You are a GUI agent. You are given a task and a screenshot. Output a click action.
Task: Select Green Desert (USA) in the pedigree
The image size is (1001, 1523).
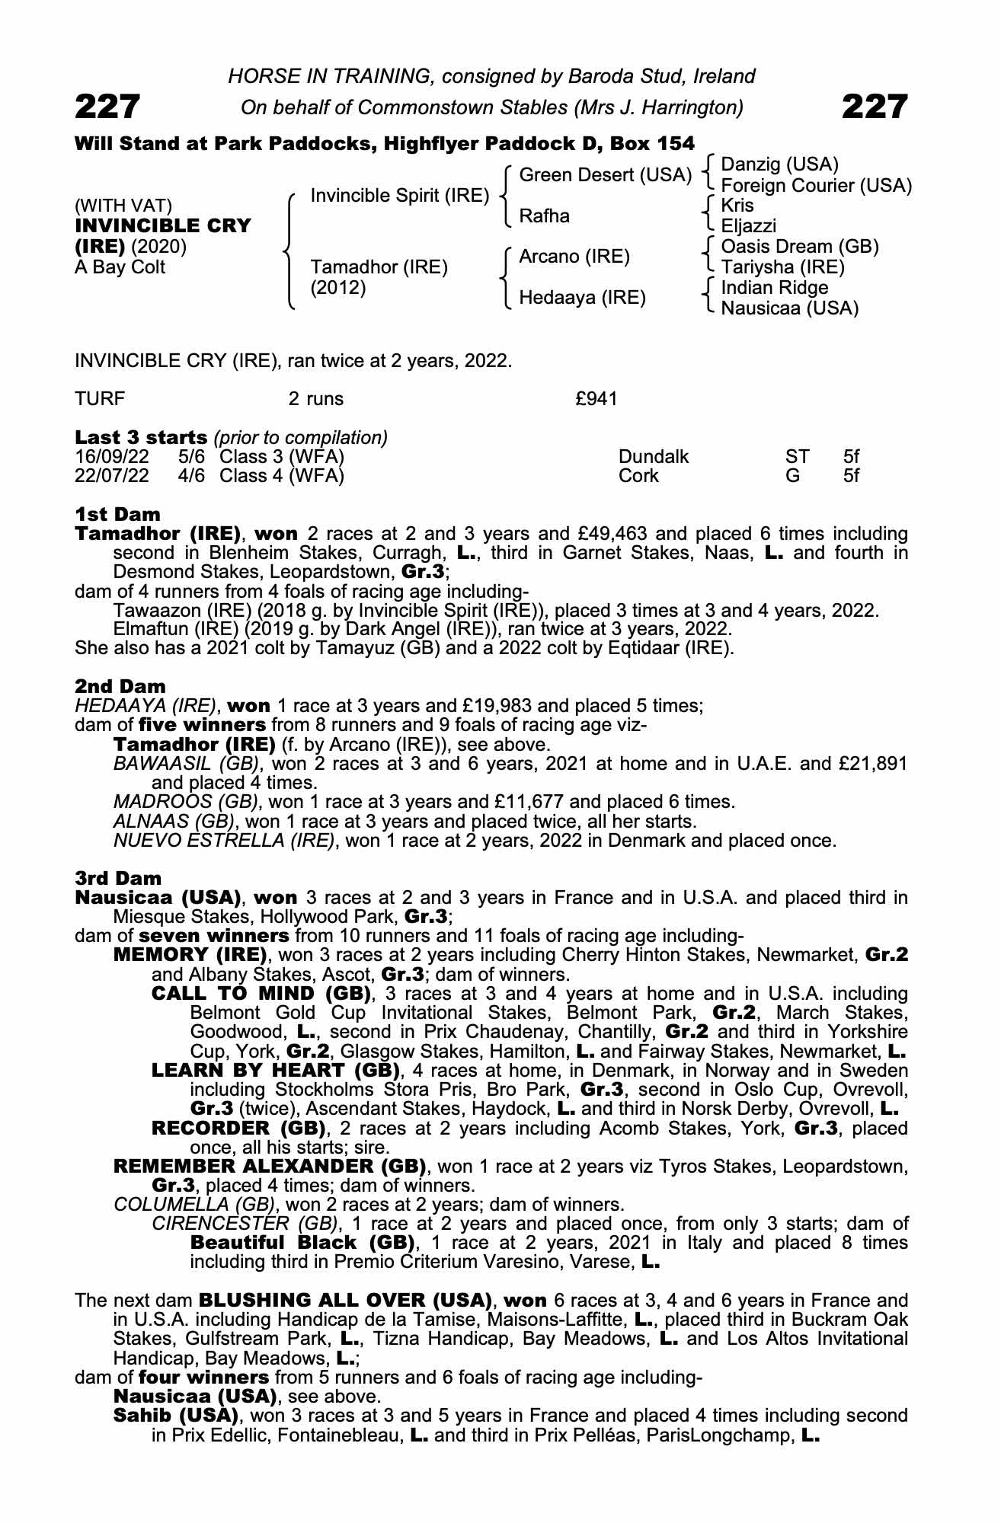(605, 175)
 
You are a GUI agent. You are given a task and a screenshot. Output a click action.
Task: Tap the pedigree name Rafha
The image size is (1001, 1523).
(544, 216)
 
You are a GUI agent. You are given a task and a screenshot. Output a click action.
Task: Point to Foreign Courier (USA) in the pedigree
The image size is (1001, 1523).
(816, 185)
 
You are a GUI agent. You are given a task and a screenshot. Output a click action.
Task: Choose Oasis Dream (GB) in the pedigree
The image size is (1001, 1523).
(800, 247)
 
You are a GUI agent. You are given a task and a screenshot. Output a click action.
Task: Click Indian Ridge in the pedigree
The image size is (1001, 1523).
(774, 288)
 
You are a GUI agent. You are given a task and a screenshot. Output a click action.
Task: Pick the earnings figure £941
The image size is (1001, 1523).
(596, 399)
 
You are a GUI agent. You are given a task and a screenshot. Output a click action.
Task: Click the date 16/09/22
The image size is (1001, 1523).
(112, 457)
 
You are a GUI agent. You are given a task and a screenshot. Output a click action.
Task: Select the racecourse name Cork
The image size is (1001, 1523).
(638, 477)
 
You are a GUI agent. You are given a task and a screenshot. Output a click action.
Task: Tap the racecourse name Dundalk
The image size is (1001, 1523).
(654, 457)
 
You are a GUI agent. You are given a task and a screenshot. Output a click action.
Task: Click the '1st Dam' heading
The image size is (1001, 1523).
(117, 514)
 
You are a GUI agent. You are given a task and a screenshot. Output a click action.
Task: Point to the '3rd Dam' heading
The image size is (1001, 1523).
(119, 878)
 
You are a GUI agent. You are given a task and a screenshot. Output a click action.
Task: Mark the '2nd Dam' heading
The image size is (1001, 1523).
(120, 686)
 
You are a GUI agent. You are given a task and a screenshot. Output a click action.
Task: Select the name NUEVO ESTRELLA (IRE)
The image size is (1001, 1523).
(224, 841)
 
